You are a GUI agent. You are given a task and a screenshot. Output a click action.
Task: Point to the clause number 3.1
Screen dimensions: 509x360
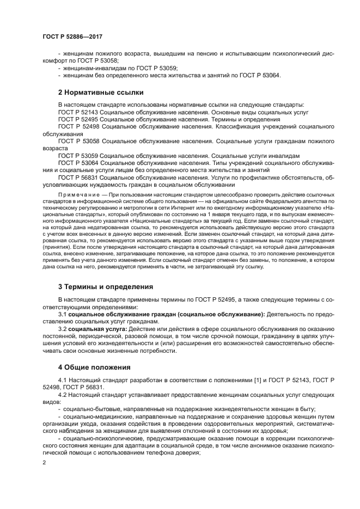tap(63, 314)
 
